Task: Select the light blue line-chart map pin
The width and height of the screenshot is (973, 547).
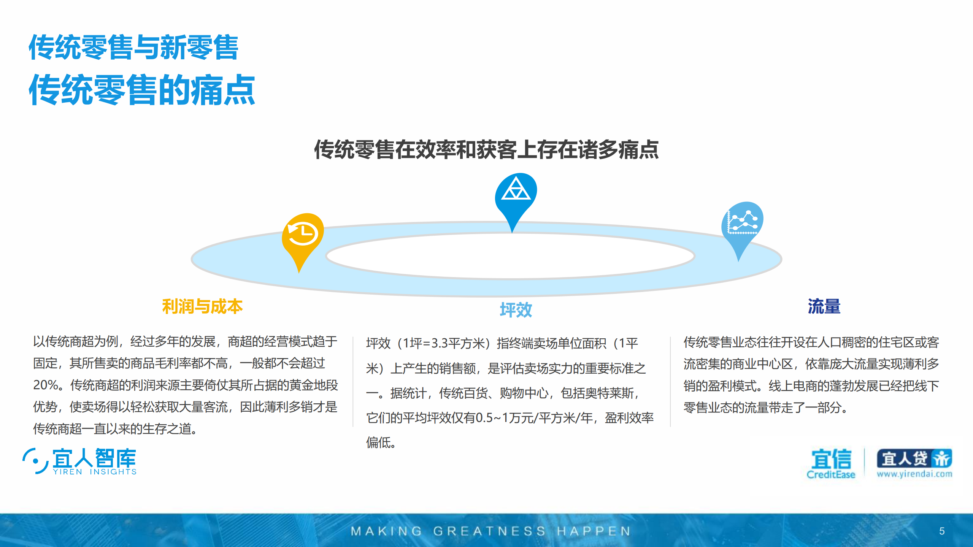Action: pos(742,223)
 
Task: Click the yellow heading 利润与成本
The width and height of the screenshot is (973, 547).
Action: pos(202,306)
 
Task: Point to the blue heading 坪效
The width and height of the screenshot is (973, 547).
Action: pos(516,310)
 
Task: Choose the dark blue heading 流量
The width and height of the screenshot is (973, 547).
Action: pos(824,306)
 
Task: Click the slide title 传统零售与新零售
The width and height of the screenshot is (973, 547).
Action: pos(133,47)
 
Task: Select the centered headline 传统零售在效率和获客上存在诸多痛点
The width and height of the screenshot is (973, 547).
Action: pos(486,149)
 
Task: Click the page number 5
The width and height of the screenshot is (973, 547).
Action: pos(942,531)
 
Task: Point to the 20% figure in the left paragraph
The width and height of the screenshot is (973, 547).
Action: pos(45,385)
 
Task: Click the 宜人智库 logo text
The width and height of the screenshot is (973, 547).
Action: pos(94,458)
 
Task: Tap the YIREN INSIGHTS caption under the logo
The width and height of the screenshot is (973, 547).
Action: pos(95,472)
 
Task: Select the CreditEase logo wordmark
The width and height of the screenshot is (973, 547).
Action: pos(831,474)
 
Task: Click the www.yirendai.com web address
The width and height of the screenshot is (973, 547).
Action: pos(914,474)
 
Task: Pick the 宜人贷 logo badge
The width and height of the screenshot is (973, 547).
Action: pos(914,458)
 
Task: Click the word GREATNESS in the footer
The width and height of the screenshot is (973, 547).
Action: pos(489,531)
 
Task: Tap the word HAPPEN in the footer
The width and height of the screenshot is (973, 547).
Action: pos(594,531)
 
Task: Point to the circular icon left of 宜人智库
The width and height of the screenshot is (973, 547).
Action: pos(35,461)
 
